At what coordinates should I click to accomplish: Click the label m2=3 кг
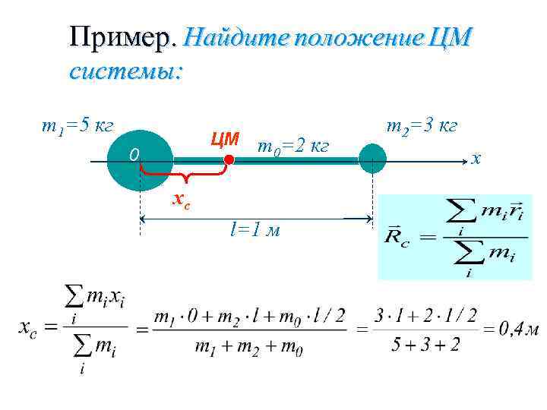(422, 125)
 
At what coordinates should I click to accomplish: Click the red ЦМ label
(225, 140)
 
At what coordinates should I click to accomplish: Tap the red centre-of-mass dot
(228, 159)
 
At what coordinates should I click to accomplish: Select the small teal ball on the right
(372, 159)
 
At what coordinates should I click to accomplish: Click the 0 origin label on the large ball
(133, 156)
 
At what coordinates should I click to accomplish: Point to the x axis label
(476, 159)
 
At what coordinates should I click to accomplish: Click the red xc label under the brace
(181, 199)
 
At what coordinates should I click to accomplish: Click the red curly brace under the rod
(185, 175)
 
